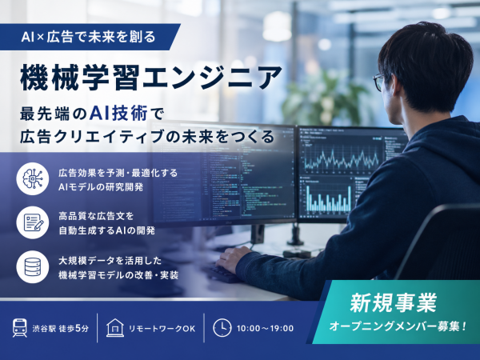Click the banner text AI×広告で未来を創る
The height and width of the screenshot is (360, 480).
click(89, 37)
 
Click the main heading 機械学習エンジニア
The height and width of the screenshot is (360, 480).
click(151, 78)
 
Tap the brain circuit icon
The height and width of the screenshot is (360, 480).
click(33, 178)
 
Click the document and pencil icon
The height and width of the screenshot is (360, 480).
click(33, 222)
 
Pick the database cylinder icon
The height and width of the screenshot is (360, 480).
click(33, 267)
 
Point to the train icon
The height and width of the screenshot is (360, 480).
click(20, 328)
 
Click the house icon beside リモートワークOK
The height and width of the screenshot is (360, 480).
click(115, 328)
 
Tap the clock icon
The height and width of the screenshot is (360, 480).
click(222, 328)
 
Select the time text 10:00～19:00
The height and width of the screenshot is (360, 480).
click(265, 329)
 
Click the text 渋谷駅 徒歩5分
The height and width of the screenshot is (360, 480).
click(61, 329)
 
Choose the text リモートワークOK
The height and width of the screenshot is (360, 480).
click(162, 329)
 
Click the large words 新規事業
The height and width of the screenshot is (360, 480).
click(394, 302)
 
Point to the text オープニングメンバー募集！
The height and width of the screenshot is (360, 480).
click(398, 326)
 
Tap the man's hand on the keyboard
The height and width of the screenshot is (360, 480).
click(234, 259)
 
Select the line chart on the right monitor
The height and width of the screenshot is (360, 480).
click(341, 157)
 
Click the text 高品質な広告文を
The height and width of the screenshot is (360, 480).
click(96, 216)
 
